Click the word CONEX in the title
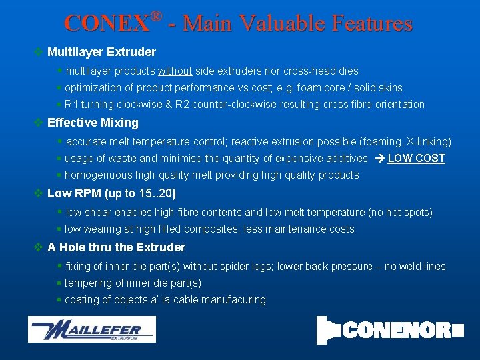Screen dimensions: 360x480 pos(107,24)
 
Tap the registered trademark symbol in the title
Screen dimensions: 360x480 pos(156,15)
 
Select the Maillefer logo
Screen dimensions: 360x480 pos(91,329)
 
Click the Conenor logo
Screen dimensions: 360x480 pos(390,329)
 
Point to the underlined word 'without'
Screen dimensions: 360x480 pos(175,71)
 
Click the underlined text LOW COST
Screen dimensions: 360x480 pos(416,159)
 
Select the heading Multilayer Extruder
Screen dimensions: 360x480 pos(101,52)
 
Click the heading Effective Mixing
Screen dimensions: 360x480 pos(93,123)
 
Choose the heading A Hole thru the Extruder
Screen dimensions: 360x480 pos(116,247)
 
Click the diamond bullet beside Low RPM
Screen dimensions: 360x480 pos(39,194)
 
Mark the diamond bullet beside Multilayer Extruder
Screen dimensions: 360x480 pos(39,52)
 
